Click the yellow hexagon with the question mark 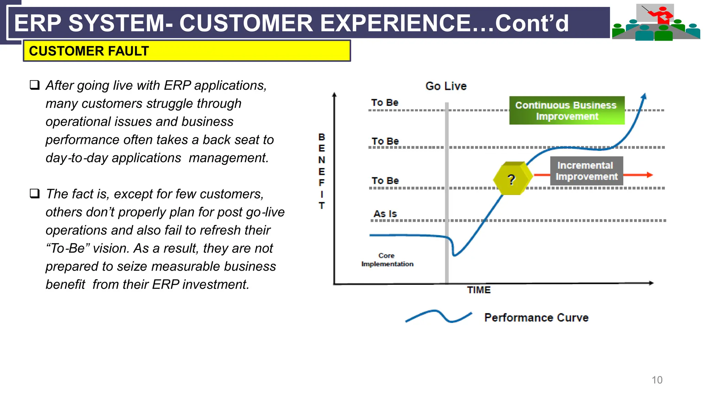coord(512,178)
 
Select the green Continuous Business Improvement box coord(567,111)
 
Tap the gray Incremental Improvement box coord(586,171)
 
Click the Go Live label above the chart coord(446,86)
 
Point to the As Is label coord(385,214)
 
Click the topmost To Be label coord(385,103)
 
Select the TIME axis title coord(478,290)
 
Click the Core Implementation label coord(387,260)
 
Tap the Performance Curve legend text coord(536,317)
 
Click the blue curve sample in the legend coord(439,316)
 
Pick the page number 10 coord(657,380)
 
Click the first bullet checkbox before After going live coord(35,85)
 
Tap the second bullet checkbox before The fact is coord(35,193)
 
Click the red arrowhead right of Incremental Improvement coord(649,175)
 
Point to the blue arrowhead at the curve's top coord(644,96)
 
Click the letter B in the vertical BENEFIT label coord(322,137)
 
